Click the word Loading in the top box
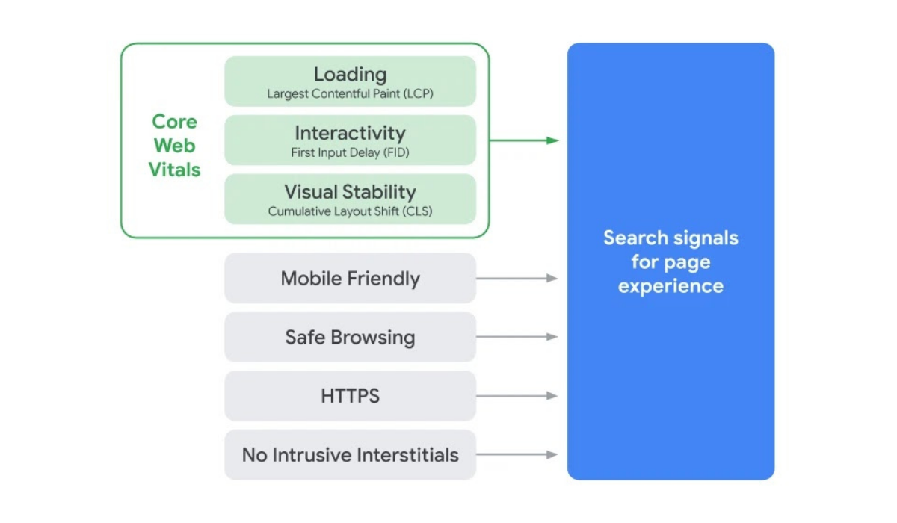click(350, 75)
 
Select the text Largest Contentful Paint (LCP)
click(350, 95)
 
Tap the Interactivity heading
click(350, 133)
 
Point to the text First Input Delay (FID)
click(350, 153)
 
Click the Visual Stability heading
click(350, 192)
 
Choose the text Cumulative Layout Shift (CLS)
click(350, 211)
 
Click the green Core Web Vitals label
click(174, 146)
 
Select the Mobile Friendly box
click(350, 279)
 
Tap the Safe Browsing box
click(350, 337)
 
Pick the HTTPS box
click(350, 396)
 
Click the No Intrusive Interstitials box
click(350, 454)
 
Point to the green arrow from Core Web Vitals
click(523, 140)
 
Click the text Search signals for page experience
click(671, 261)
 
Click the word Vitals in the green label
click(174, 170)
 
